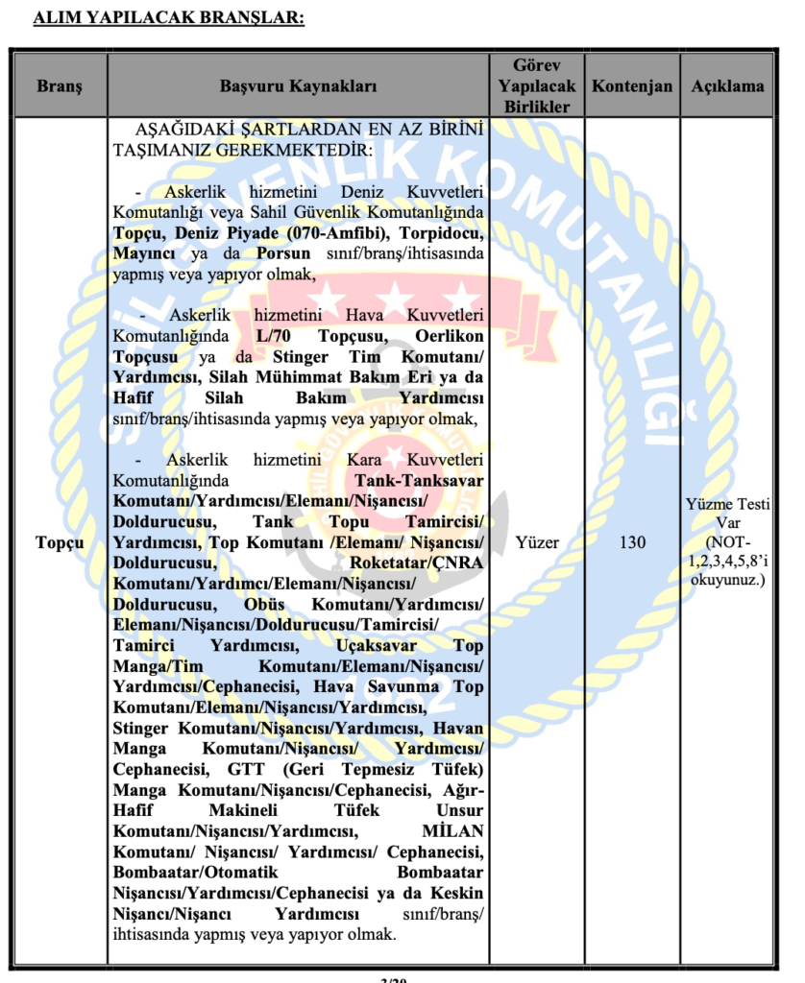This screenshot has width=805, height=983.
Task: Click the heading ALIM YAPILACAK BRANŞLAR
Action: tap(168, 17)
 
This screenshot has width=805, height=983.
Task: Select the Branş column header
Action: tap(60, 85)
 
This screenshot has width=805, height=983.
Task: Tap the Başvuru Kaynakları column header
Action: tap(298, 85)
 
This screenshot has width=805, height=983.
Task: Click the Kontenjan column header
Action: tap(631, 85)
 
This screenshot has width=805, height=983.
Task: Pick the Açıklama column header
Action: tap(727, 85)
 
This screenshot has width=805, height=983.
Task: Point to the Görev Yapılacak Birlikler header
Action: tap(536, 85)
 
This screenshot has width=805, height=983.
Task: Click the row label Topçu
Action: tap(60, 542)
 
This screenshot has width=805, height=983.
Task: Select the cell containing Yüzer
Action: tap(536, 542)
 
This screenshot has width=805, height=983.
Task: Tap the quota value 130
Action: tap(631, 542)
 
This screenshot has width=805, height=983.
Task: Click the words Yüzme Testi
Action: tap(727, 505)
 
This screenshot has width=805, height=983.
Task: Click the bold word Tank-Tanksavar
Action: tap(419, 480)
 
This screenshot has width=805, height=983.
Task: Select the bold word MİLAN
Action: tap(452, 831)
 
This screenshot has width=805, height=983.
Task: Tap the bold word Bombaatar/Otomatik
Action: tap(195, 873)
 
